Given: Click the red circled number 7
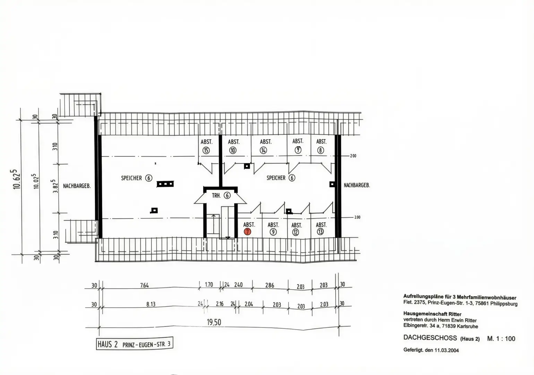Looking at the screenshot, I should point(247,232).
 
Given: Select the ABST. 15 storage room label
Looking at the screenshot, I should point(206,146).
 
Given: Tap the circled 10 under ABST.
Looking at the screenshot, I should point(233,150).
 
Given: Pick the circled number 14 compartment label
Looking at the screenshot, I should point(264,150).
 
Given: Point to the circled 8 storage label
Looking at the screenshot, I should point(321,150).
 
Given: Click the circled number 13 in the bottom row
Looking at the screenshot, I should point(320,232).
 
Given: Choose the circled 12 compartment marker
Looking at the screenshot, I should point(295,232).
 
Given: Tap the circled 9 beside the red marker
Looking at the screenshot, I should point(273,232).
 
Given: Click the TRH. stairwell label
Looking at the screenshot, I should point(221,195).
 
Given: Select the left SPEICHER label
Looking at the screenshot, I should point(136,178).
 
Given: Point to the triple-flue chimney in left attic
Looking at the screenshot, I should point(165,184).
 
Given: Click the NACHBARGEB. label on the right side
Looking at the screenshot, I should point(357,185).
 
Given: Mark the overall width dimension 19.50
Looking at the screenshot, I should point(214,322).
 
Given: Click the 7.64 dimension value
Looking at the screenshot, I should point(145,285).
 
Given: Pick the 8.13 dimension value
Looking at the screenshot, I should point(150,304).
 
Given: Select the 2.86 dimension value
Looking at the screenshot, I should point(269,285).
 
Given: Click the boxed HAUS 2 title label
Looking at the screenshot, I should point(134,344).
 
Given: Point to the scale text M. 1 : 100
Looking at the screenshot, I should point(501,339).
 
